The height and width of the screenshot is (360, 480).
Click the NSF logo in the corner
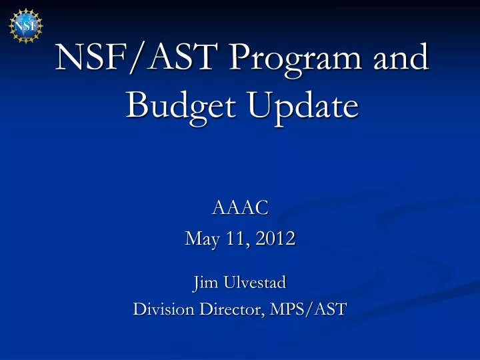pos(25,26)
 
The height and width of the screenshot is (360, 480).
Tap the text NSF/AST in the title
pos(138,58)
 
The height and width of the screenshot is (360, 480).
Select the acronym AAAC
pos(240,208)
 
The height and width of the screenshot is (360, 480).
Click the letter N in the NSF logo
pos(19,25)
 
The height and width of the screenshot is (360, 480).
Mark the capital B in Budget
pos(137,105)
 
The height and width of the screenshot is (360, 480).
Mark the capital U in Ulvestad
pos(229,283)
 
